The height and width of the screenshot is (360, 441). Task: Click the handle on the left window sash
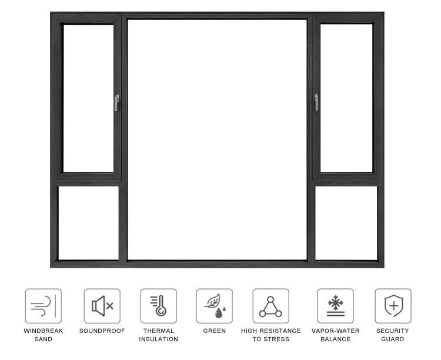[116, 103]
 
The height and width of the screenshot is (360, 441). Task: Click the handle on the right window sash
[316, 102]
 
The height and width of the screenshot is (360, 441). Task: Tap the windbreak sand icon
[43, 306]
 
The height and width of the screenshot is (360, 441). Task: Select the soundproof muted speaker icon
[102, 306]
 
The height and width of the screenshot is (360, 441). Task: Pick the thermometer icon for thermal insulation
[158, 306]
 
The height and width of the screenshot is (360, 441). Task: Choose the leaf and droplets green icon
[214, 306]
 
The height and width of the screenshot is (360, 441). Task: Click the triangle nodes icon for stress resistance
[270, 306]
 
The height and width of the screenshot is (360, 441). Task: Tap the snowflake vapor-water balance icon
[336, 306]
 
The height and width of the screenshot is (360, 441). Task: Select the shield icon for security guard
[393, 306]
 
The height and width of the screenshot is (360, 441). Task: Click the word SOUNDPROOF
[102, 331]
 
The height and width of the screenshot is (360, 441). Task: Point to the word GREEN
[215, 331]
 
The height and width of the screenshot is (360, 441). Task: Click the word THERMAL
[159, 331]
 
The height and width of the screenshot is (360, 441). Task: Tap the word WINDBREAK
[44, 331]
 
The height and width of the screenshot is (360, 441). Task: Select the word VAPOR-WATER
[336, 331]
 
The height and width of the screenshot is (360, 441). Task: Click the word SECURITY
[393, 331]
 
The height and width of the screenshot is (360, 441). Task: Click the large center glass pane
[217, 139]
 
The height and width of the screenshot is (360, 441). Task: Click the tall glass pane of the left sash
[88, 98]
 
